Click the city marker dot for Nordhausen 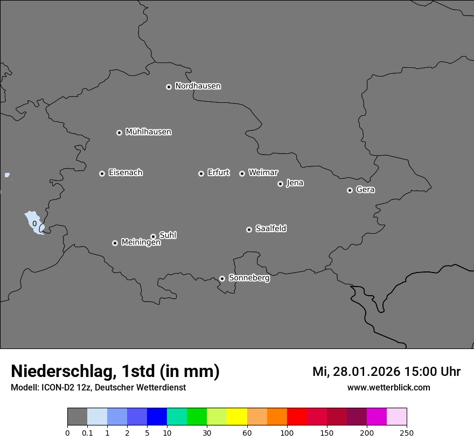coord(169,87)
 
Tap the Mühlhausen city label coord(148,132)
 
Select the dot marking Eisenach coord(102,173)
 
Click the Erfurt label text coord(218,173)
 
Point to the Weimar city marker coord(242,173)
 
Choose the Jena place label coord(295,183)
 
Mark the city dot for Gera coord(350,190)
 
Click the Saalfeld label coord(270,229)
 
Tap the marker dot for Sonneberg coord(222,278)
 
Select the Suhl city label coord(168,235)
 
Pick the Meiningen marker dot coord(115,243)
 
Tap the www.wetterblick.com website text coord(388,388)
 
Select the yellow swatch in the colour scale coord(237,417)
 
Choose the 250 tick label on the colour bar coord(407,432)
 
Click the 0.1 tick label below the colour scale coord(87,432)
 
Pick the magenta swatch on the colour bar coord(377,417)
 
